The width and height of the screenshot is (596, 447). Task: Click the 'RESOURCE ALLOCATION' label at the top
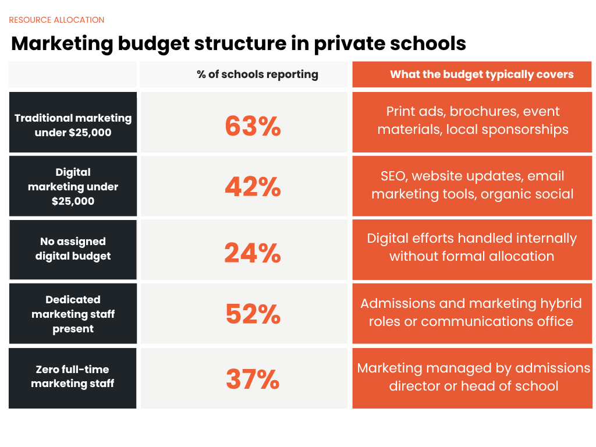point(56,20)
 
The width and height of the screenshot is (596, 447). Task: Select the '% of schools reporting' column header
point(257,74)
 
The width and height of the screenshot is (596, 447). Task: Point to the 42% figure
point(253,187)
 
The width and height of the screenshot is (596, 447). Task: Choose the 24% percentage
point(253,253)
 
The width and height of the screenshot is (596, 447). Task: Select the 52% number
point(253,314)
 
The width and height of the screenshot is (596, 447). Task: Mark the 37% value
point(253,379)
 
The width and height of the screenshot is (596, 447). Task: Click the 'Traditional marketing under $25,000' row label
point(73,125)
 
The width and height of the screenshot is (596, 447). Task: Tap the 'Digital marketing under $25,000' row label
point(73,187)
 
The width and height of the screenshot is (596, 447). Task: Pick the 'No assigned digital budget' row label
point(73,249)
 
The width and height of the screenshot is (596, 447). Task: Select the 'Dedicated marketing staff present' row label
point(73,314)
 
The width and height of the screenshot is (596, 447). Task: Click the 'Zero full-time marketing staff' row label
point(73,377)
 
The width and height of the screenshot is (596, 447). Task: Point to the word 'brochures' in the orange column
point(483,111)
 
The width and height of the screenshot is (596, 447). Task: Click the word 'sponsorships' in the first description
point(524,129)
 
